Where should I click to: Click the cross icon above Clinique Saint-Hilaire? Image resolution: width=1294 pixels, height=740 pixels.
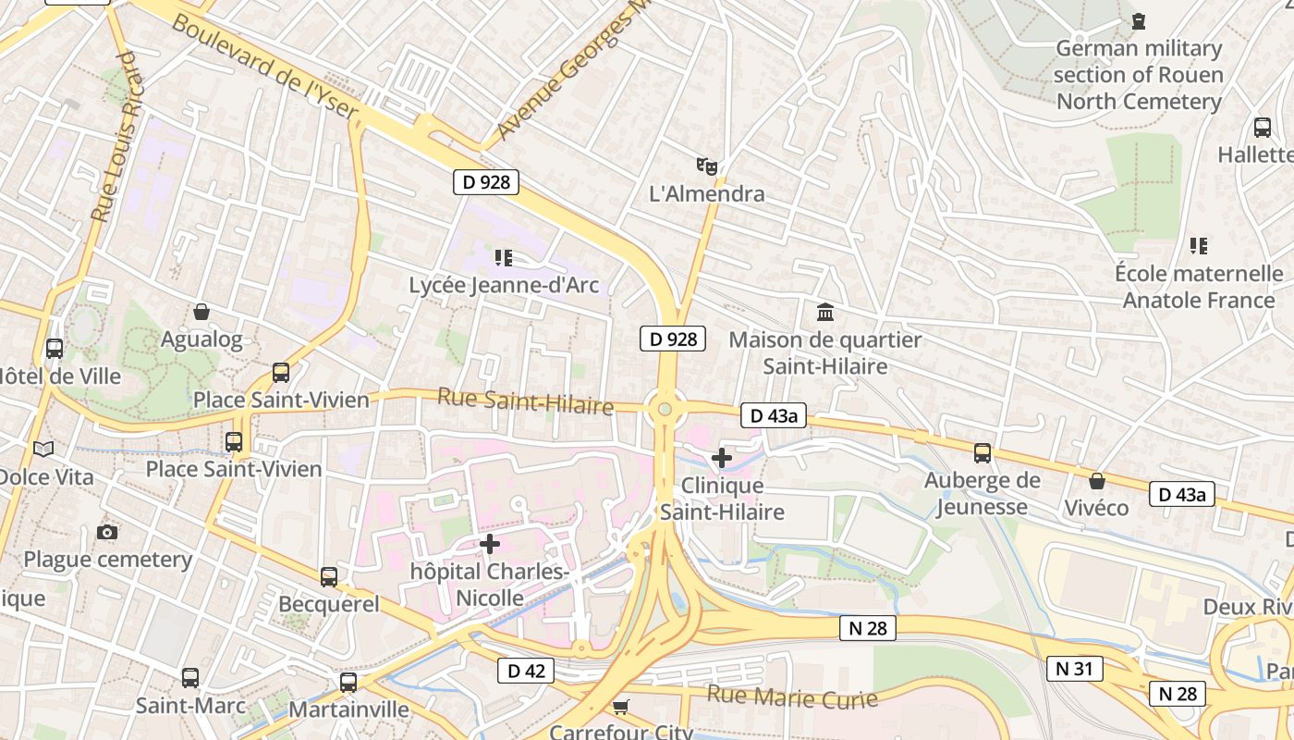pyautogui.click(x=722, y=457)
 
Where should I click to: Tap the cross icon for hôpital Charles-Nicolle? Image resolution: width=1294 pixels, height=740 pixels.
pyautogui.click(x=490, y=544)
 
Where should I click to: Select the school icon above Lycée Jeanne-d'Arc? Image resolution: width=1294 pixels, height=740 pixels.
pyautogui.click(x=504, y=257)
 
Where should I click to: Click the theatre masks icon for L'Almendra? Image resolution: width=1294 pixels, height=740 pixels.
pyautogui.click(x=707, y=166)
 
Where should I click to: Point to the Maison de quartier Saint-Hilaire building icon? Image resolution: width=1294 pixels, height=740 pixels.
pyautogui.click(x=825, y=312)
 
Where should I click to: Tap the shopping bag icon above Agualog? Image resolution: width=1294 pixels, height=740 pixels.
pyautogui.click(x=201, y=312)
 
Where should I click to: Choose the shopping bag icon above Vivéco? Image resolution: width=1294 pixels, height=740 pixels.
pyautogui.click(x=1096, y=481)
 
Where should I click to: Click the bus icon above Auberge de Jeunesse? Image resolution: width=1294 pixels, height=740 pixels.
pyautogui.click(x=983, y=453)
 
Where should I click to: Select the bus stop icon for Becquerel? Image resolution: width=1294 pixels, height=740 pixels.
pyautogui.click(x=329, y=577)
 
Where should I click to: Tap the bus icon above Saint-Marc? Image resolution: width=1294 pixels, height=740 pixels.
pyautogui.click(x=190, y=678)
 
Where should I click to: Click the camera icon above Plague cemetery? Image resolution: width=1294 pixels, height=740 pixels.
pyautogui.click(x=107, y=532)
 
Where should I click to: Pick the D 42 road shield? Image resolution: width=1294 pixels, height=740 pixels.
pyautogui.click(x=527, y=671)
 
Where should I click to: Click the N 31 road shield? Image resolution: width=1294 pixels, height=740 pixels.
pyautogui.click(x=1075, y=668)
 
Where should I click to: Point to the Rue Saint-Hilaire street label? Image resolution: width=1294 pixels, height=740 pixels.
pyautogui.click(x=525, y=401)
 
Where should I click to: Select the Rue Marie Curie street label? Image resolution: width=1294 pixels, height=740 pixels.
pyautogui.click(x=792, y=697)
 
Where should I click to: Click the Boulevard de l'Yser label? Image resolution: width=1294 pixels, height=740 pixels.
pyautogui.click(x=264, y=67)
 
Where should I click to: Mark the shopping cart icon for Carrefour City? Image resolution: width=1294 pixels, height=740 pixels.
pyautogui.click(x=620, y=708)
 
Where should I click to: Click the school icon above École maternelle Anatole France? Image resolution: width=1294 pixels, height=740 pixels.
pyautogui.click(x=1199, y=246)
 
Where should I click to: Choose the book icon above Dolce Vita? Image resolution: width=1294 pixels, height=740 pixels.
pyautogui.click(x=43, y=449)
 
